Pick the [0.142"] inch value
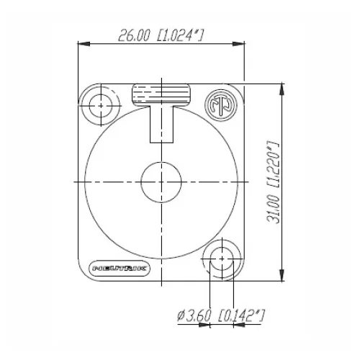(x=240, y=315)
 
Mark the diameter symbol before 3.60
(x=179, y=315)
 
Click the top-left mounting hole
(x=100, y=105)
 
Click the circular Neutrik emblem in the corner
(x=221, y=104)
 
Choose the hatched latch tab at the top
(x=161, y=95)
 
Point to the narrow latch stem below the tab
(x=161, y=127)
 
